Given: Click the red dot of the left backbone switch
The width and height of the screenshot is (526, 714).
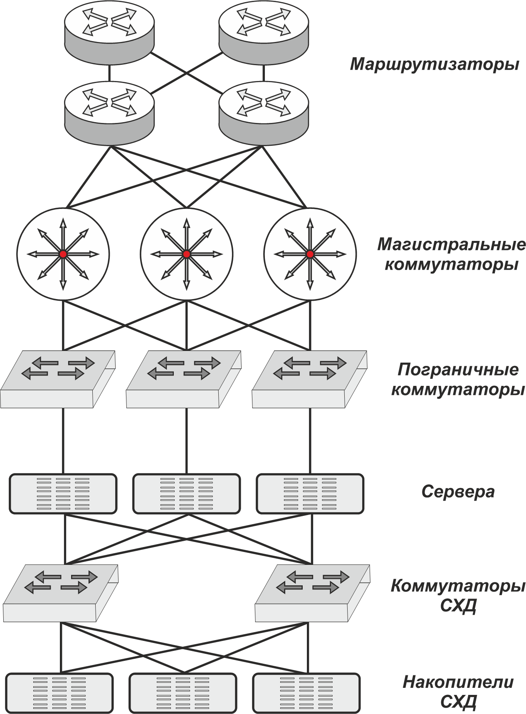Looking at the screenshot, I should click(x=63, y=254).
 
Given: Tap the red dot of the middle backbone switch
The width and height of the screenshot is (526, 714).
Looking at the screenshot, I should click(x=186, y=254).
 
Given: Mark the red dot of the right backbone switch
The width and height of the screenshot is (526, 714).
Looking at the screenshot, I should click(x=310, y=254).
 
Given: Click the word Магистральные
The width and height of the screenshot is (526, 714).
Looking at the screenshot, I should click(x=451, y=245).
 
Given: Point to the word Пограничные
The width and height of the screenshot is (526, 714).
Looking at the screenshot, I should click(x=457, y=370).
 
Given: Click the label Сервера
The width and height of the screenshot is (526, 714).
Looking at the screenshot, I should click(x=458, y=492).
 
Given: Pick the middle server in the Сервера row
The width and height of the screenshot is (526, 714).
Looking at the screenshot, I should click(x=186, y=493).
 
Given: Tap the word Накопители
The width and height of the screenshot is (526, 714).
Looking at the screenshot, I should click(x=458, y=682).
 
